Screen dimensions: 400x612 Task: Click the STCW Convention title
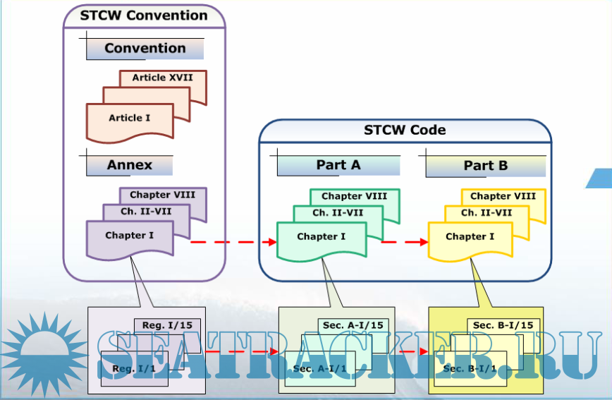point(144,15)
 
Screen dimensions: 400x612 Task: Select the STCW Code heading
point(405,130)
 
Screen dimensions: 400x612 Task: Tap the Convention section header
point(145,49)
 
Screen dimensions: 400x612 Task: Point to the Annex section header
point(130,165)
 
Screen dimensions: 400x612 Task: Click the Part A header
point(338,165)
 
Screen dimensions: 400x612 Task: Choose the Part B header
point(486,166)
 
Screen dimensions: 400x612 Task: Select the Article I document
point(130,119)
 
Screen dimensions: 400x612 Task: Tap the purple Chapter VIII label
point(163,195)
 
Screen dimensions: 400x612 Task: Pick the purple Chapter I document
point(130,236)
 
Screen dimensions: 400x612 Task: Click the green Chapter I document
point(322,237)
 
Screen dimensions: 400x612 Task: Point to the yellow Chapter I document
point(470,237)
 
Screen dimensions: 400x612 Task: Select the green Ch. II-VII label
point(338,212)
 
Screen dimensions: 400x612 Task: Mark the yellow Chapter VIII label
point(503,196)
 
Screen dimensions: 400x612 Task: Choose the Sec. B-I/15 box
point(503,325)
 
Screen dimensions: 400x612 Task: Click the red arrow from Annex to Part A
point(233,242)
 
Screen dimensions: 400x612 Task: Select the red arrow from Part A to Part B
point(405,242)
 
